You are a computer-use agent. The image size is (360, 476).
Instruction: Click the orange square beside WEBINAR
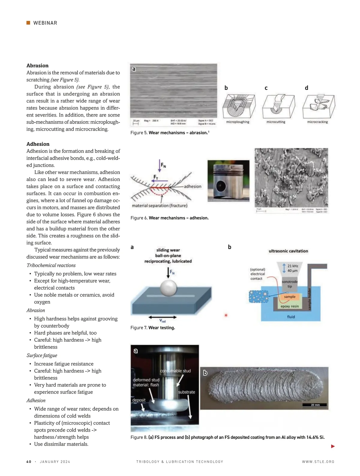click(28, 23)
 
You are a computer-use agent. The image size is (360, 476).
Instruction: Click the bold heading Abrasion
click(37, 66)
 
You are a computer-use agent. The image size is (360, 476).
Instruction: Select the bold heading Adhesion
click(38, 144)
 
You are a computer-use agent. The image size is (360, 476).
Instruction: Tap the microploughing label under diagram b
click(238, 122)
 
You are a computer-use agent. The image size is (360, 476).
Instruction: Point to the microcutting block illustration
click(278, 106)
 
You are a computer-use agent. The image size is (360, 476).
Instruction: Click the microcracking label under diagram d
click(317, 122)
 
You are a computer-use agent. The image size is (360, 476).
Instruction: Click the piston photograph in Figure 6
click(228, 181)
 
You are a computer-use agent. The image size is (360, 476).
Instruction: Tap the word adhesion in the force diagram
click(193, 186)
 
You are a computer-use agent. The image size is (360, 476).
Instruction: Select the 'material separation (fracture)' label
click(160, 206)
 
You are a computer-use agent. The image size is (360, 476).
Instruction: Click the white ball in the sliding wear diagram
click(169, 288)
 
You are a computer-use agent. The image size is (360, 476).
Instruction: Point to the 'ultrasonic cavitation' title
click(288, 251)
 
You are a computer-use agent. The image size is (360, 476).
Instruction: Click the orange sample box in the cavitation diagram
click(289, 297)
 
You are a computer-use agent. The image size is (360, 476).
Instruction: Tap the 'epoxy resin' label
click(289, 306)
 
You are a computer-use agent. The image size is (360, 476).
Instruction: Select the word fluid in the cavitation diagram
click(291, 317)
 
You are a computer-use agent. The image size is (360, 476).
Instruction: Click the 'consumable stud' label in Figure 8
click(175, 371)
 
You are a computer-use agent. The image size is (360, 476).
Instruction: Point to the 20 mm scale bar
click(315, 405)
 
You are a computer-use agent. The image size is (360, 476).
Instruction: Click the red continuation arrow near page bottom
click(333, 446)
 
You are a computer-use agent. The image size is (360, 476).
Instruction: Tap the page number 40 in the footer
click(29, 462)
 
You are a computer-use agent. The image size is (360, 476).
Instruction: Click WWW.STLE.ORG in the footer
click(318, 462)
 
